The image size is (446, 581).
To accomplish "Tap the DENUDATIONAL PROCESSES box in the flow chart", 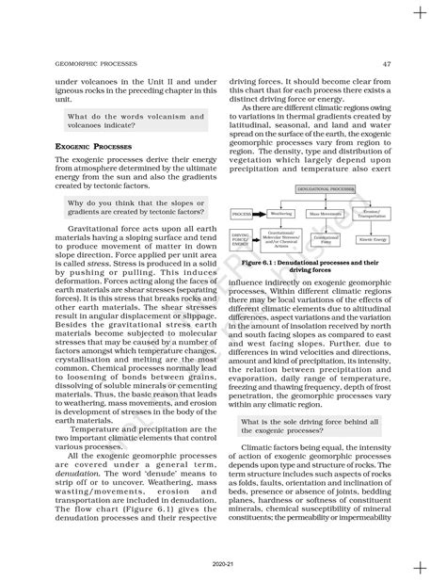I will point(316,189).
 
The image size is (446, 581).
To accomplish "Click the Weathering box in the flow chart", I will point(280,214).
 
